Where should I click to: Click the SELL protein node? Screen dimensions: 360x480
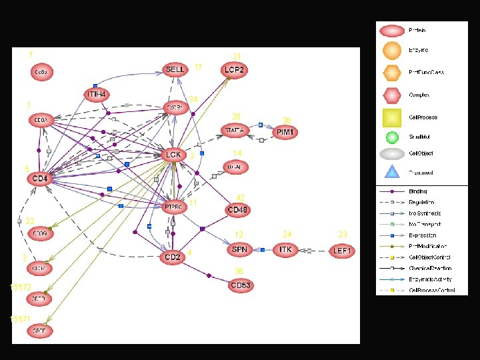175,70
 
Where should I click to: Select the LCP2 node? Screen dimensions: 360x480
235,69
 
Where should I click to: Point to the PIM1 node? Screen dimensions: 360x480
284,132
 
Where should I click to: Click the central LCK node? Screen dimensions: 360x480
173,155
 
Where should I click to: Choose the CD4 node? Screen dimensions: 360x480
40,179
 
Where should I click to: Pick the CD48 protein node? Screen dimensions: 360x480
239,210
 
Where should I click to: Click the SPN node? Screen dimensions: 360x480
239,249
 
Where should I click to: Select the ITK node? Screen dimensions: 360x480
286,249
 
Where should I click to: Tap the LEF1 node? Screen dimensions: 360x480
343,250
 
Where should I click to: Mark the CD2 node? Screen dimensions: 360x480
173,257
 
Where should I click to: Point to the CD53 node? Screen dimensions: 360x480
240,285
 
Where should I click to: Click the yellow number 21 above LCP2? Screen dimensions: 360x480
237,57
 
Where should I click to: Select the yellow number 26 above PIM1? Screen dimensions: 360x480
287,121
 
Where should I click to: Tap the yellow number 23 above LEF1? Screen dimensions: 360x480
343,235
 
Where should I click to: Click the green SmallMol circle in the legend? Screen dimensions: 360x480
392,137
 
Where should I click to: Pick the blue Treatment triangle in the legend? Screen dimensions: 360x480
392,173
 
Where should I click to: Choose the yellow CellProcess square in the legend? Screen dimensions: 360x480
392,117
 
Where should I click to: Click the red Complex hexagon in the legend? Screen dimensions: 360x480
392,95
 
